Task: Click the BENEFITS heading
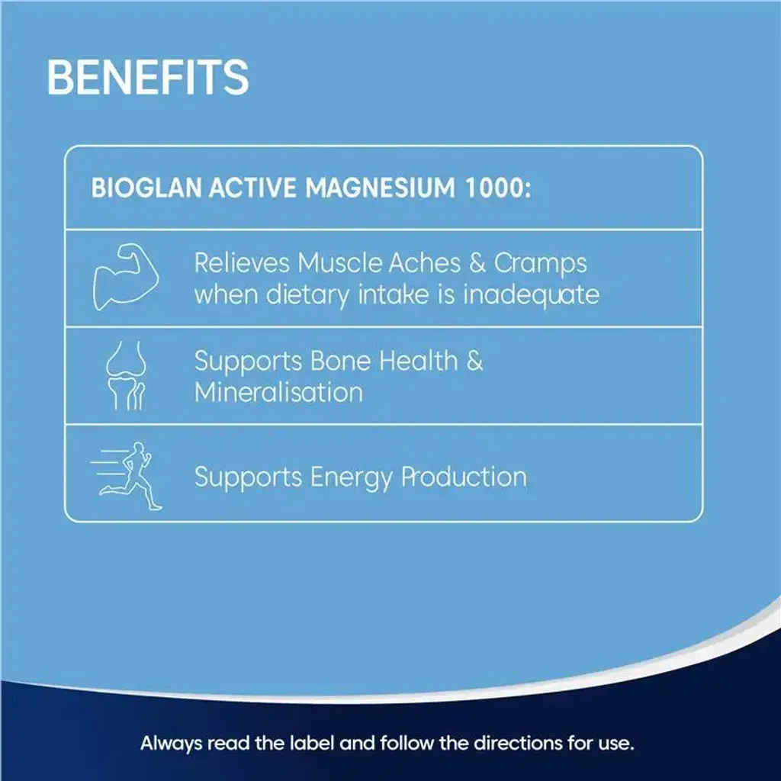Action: [x=148, y=77]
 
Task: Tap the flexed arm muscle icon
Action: [x=126, y=277]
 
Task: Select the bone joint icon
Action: [x=126, y=375]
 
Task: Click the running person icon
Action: [x=127, y=476]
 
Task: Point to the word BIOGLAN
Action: [x=146, y=188]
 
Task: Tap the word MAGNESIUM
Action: [x=380, y=188]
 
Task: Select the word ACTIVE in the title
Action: [x=252, y=188]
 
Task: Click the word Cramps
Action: [x=541, y=263]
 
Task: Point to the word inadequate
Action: [x=532, y=294]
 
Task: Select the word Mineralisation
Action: [x=278, y=392]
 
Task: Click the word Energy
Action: [x=351, y=477]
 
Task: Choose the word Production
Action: [x=464, y=477]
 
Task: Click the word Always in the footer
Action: [x=171, y=744]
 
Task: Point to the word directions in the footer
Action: [x=518, y=743]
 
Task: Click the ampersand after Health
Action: [x=474, y=361]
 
